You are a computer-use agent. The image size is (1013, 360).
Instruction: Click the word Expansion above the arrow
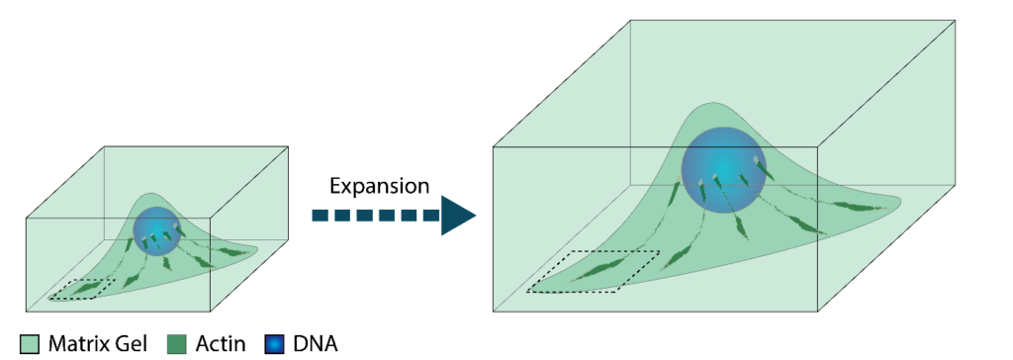point(379,187)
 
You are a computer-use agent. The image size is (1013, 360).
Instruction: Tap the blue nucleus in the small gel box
point(157,231)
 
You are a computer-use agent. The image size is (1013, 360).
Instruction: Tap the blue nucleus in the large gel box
point(723,169)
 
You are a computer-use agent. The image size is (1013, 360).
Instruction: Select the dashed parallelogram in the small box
point(82,289)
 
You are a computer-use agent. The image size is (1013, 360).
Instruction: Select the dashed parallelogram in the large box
point(594,271)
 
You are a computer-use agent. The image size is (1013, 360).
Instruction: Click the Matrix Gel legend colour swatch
point(31,344)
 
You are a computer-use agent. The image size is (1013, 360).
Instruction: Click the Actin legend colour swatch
point(176,344)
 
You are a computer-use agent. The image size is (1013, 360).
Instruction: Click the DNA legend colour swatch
point(275,344)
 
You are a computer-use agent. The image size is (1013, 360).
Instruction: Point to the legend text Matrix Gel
point(98,344)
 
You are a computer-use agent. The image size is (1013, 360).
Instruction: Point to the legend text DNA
point(315,344)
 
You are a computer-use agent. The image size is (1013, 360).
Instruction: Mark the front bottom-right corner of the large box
point(818,313)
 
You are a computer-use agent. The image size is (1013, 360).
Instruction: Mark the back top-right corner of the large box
point(955,20)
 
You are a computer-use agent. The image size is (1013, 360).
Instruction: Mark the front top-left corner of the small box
point(27,219)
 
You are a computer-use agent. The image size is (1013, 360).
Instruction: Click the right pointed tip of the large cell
point(900,200)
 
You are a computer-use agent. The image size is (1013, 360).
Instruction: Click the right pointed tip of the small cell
point(257,247)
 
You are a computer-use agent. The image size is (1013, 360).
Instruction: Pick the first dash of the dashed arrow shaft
point(320,216)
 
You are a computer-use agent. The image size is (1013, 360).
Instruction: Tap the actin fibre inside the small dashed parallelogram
point(83,289)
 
